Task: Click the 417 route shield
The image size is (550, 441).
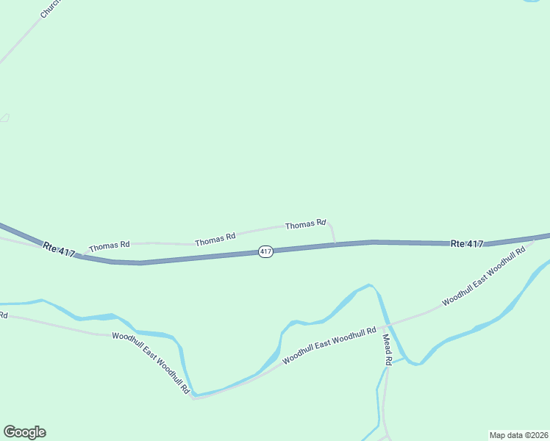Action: (x=266, y=251)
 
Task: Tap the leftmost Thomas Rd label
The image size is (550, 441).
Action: (x=110, y=245)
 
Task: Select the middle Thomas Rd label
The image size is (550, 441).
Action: (x=215, y=238)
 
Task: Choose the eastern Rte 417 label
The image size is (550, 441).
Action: (x=467, y=243)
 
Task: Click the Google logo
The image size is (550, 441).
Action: (x=24, y=432)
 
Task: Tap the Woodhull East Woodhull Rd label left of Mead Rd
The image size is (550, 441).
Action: (x=329, y=345)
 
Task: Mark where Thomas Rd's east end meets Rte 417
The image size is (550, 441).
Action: (x=336, y=244)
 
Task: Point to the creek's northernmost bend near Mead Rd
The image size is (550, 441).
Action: (x=369, y=285)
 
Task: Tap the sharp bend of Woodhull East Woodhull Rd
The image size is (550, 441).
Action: (x=193, y=398)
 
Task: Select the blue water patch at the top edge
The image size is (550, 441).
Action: (x=531, y=1)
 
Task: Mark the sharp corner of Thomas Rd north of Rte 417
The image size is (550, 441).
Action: (x=329, y=220)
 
